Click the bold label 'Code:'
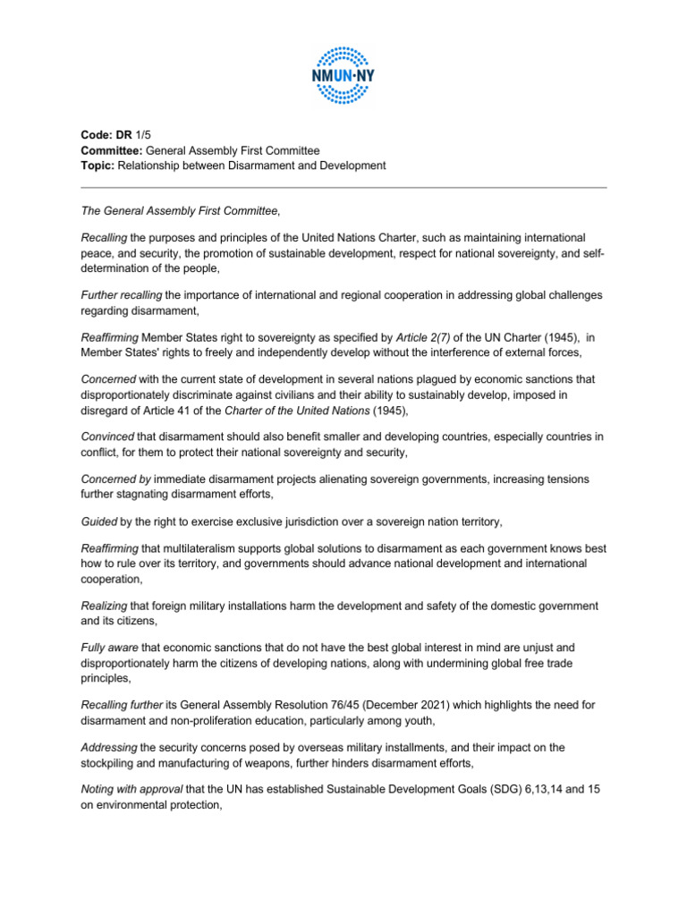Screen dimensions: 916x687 pyautogui.click(x=98, y=135)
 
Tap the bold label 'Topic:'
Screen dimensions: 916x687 pyautogui.click(x=98, y=165)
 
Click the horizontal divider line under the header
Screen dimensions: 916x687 pyautogui.click(x=343, y=188)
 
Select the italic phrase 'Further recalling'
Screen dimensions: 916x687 pyautogui.click(x=120, y=294)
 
